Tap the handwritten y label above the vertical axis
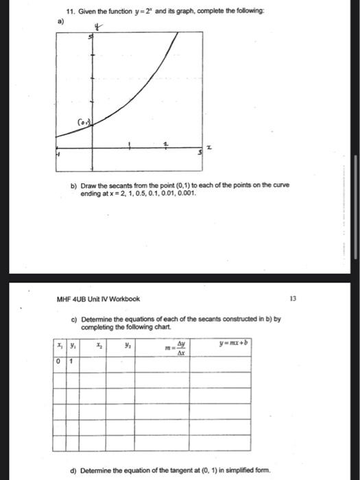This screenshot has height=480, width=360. coord(99,27)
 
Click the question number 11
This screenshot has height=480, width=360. coord(70,12)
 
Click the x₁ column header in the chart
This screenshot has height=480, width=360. coord(60,346)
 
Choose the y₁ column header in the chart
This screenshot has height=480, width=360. coord(72,346)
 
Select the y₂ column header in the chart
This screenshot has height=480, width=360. coord(128,346)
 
